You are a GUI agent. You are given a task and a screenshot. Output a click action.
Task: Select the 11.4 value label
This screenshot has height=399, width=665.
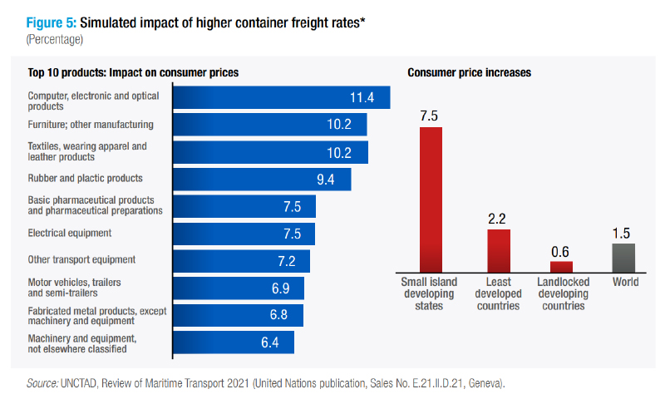point(362,98)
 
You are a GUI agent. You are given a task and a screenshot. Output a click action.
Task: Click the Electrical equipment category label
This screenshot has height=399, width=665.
point(70,234)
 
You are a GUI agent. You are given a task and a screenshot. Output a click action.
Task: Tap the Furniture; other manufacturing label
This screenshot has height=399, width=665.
point(91,125)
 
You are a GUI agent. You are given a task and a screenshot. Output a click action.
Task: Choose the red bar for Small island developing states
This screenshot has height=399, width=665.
point(431,199)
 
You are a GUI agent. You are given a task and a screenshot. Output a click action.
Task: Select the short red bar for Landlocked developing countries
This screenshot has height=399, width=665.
point(562,267)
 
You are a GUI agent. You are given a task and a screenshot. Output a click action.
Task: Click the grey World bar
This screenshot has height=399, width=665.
point(623,258)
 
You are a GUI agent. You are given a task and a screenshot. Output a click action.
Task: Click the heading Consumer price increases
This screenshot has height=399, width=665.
point(470,73)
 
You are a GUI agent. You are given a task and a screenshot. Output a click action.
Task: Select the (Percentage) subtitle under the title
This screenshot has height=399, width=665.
point(55,39)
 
